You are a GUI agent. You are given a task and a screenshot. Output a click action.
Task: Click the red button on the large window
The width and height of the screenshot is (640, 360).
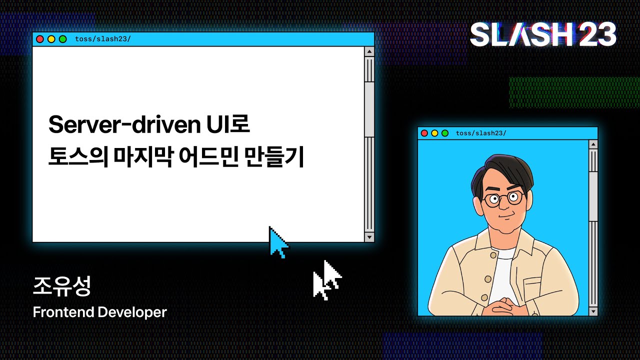click(40, 39)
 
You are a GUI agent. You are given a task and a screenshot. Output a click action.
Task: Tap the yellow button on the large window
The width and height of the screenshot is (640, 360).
click(51, 39)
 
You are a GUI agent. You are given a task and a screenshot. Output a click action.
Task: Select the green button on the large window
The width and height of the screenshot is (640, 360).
click(63, 39)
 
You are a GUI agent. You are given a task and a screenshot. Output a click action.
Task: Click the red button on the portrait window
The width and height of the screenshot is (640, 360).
click(424, 133)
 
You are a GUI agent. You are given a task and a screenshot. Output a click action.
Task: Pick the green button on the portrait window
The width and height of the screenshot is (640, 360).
click(445, 133)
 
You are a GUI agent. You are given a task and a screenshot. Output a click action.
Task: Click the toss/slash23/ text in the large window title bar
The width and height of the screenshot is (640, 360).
click(103, 39)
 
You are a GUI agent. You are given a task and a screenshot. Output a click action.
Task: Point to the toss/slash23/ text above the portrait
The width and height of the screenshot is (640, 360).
click(481, 133)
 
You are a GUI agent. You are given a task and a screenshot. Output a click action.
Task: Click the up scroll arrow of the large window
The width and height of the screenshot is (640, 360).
click(369, 51)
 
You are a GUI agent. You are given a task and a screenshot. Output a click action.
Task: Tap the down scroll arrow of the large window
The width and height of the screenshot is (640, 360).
click(369, 237)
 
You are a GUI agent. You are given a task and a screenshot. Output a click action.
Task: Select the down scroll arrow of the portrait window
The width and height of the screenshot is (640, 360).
click(593, 311)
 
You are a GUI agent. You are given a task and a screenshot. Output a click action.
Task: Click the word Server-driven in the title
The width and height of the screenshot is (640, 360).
click(124, 124)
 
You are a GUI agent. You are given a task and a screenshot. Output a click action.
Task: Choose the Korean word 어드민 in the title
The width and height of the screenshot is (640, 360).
click(208, 157)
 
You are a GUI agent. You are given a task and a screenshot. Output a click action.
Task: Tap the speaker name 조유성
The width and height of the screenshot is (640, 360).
click(61, 286)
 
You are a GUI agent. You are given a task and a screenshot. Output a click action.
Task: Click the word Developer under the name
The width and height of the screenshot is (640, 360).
click(132, 312)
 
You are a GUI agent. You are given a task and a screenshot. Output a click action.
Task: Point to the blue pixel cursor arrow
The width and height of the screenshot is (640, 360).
click(278, 242)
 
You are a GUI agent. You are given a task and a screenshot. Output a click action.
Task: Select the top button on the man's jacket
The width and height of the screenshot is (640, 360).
click(493, 255)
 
